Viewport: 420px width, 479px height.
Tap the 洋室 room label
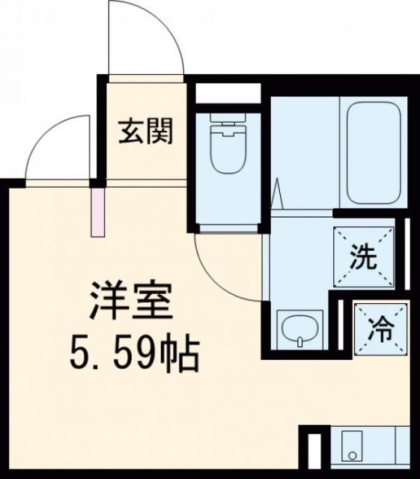pos(132,300)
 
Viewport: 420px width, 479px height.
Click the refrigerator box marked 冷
pos(381,327)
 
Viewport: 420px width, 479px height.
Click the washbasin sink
pos(299,329)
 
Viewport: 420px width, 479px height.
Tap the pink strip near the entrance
pos(97,211)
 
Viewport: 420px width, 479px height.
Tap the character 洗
pos(364,258)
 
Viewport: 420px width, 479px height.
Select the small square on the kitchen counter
pos(351,454)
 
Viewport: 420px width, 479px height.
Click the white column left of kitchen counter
pos(314,451)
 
